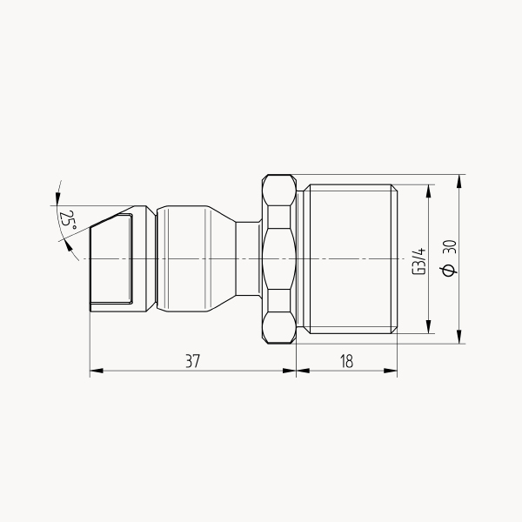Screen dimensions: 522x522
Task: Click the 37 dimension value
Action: click(x=193, y=361)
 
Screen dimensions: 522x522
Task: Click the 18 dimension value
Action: click(x=346, y=361)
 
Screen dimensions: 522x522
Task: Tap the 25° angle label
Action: click(x=67, y=220)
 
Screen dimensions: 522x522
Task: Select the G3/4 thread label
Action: click(x=419, y=261)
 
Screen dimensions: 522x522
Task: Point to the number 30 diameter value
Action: click(x=450, y=247)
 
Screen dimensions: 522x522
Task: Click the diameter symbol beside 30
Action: click(x=450, y=271)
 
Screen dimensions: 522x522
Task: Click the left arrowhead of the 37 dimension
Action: click(x=97, y=371)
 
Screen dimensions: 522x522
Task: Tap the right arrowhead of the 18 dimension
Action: click(x=391, y=371)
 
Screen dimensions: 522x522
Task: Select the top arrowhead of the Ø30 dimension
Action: click(x=459, y=181)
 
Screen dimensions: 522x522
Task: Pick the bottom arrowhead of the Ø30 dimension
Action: click(x=459, y=337)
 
